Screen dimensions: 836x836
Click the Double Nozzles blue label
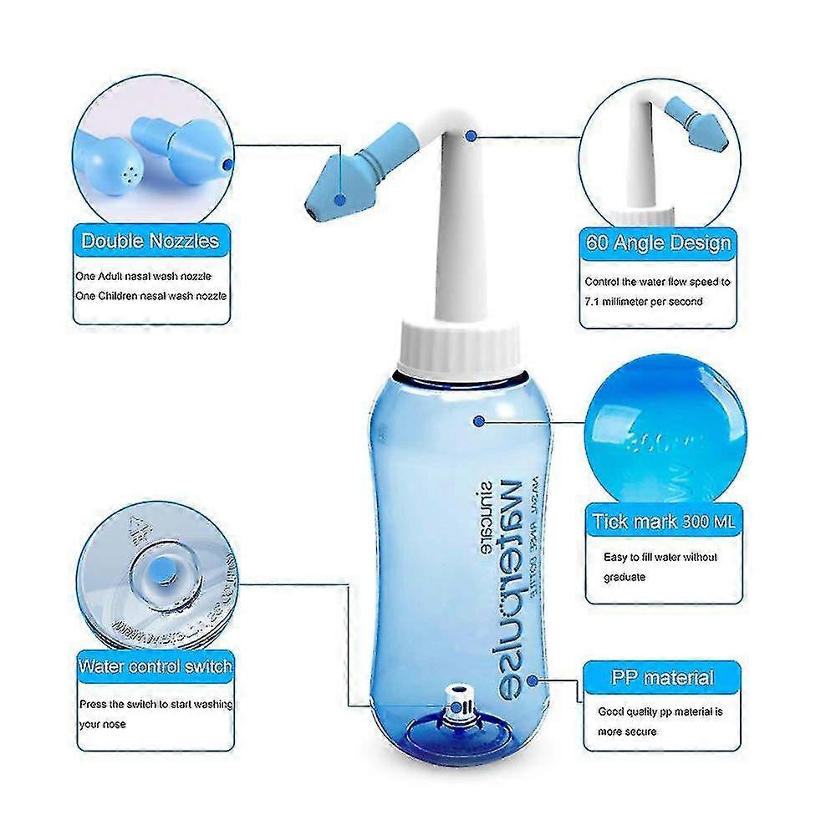[x=150, y=242]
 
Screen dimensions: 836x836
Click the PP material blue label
[x=662, y=678]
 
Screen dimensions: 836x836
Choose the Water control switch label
[x=155, y=667]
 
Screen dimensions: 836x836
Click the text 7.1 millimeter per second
[x=644, y=301]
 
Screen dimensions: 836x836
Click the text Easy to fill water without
[x=660, y=557]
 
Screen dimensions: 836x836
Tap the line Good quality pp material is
[x=660, y=712]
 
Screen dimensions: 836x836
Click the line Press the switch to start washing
[x=155, y=704]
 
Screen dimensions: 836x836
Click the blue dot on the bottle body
[x=477, y=422]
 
